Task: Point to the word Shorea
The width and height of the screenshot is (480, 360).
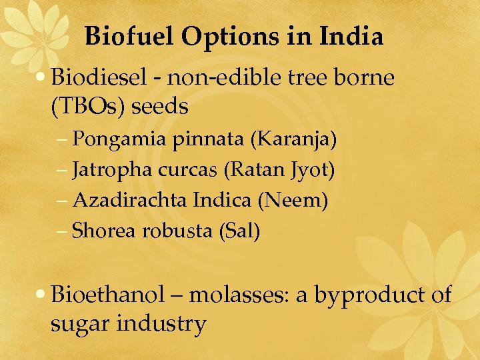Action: [103, 231]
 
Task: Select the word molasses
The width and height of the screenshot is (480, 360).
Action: [238, 294]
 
